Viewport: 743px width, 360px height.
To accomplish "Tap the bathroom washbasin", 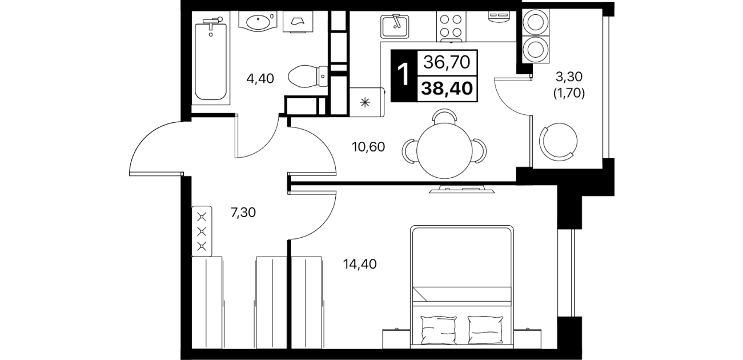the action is tap(258, 21).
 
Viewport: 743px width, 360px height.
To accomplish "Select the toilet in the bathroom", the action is tap(308, 77).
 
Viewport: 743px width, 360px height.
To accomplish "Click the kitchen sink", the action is tap(395, 26).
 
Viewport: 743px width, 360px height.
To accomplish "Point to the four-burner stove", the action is tap(451, 26).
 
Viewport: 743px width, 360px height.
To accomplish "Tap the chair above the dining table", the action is tap(444, 116).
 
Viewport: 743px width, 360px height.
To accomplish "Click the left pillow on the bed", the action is tap(438, 330).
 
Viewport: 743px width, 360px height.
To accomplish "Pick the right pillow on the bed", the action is tap(485, 330).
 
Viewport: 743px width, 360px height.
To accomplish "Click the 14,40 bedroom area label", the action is tap(360, 264).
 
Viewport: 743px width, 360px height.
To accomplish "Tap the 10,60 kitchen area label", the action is tap(368, 147).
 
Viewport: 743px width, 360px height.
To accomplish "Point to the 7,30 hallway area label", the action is tap(243, 213).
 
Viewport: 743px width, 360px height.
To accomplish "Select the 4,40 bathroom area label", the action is tap(260, 79).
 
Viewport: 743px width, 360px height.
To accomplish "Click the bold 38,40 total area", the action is tap(447, 89).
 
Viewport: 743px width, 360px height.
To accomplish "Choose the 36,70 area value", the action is tap(447, 62).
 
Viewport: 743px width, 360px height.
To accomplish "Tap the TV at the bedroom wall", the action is tap(461, 189).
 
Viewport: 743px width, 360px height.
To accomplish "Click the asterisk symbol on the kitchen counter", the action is tap(365, 102).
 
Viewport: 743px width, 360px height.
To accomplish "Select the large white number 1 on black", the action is tap(404, 75).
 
